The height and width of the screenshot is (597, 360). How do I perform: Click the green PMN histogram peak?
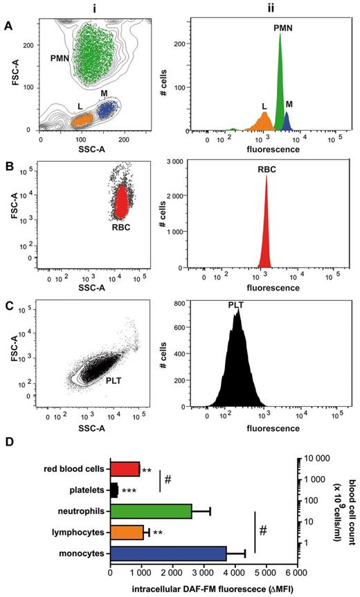click(x=280, y=83)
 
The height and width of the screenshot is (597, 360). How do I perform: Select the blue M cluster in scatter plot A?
click(x=108, y=109)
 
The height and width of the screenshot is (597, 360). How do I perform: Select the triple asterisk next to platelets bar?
click(x=129, y=491)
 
